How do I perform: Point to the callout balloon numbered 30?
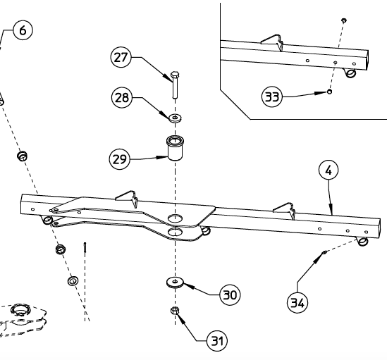click(x=228, y=294)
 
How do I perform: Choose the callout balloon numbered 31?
click(x=217, y=341)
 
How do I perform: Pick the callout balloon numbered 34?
click(x=297, y=303)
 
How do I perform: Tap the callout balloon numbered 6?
click(x=21, y=31)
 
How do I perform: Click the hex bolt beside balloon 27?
click(x=175, y=84)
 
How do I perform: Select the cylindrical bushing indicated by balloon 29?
click(x=175, y=149)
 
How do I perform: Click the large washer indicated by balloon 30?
click(x=174, y=283)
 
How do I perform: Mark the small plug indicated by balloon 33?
click(x=329, y=91)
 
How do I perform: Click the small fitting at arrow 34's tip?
click(x=322, y=252)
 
